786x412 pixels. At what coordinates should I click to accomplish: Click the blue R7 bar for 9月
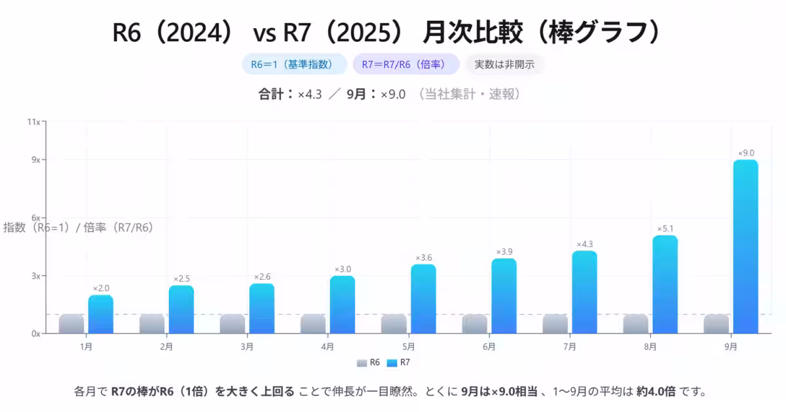click(x=745, y=247)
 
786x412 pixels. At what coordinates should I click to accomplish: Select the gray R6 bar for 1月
click(x=71, y=324)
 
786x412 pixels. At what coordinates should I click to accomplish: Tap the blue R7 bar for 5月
click(x=423, y=299)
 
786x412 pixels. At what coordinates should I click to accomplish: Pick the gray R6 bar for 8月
click(x=635, y=324)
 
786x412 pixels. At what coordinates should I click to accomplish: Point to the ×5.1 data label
click(x=665, y=228)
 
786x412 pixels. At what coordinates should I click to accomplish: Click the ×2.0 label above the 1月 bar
click(x=101, y=288)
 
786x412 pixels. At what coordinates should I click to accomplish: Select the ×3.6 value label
click(x=423, y=257)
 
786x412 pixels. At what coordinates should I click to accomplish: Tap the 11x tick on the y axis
click(x=34, y=122)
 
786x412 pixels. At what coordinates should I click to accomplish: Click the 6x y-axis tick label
click(x=36, y=218)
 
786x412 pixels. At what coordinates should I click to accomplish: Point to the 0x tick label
click(x=36, y=334)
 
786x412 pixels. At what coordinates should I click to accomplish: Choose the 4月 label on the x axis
click(x=327, y=347)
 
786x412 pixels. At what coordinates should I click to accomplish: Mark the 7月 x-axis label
click(x=569, y=347)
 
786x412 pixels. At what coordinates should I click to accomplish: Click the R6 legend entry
click(x=369, y=362)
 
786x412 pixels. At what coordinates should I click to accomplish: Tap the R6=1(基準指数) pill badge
click(x=294, y=64)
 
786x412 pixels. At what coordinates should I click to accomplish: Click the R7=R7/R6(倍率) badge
click(x=405, y=64)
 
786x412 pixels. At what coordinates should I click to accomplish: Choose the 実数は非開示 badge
click(x=504, y=64)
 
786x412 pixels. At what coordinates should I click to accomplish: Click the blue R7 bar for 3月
click(x=262, y=309)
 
